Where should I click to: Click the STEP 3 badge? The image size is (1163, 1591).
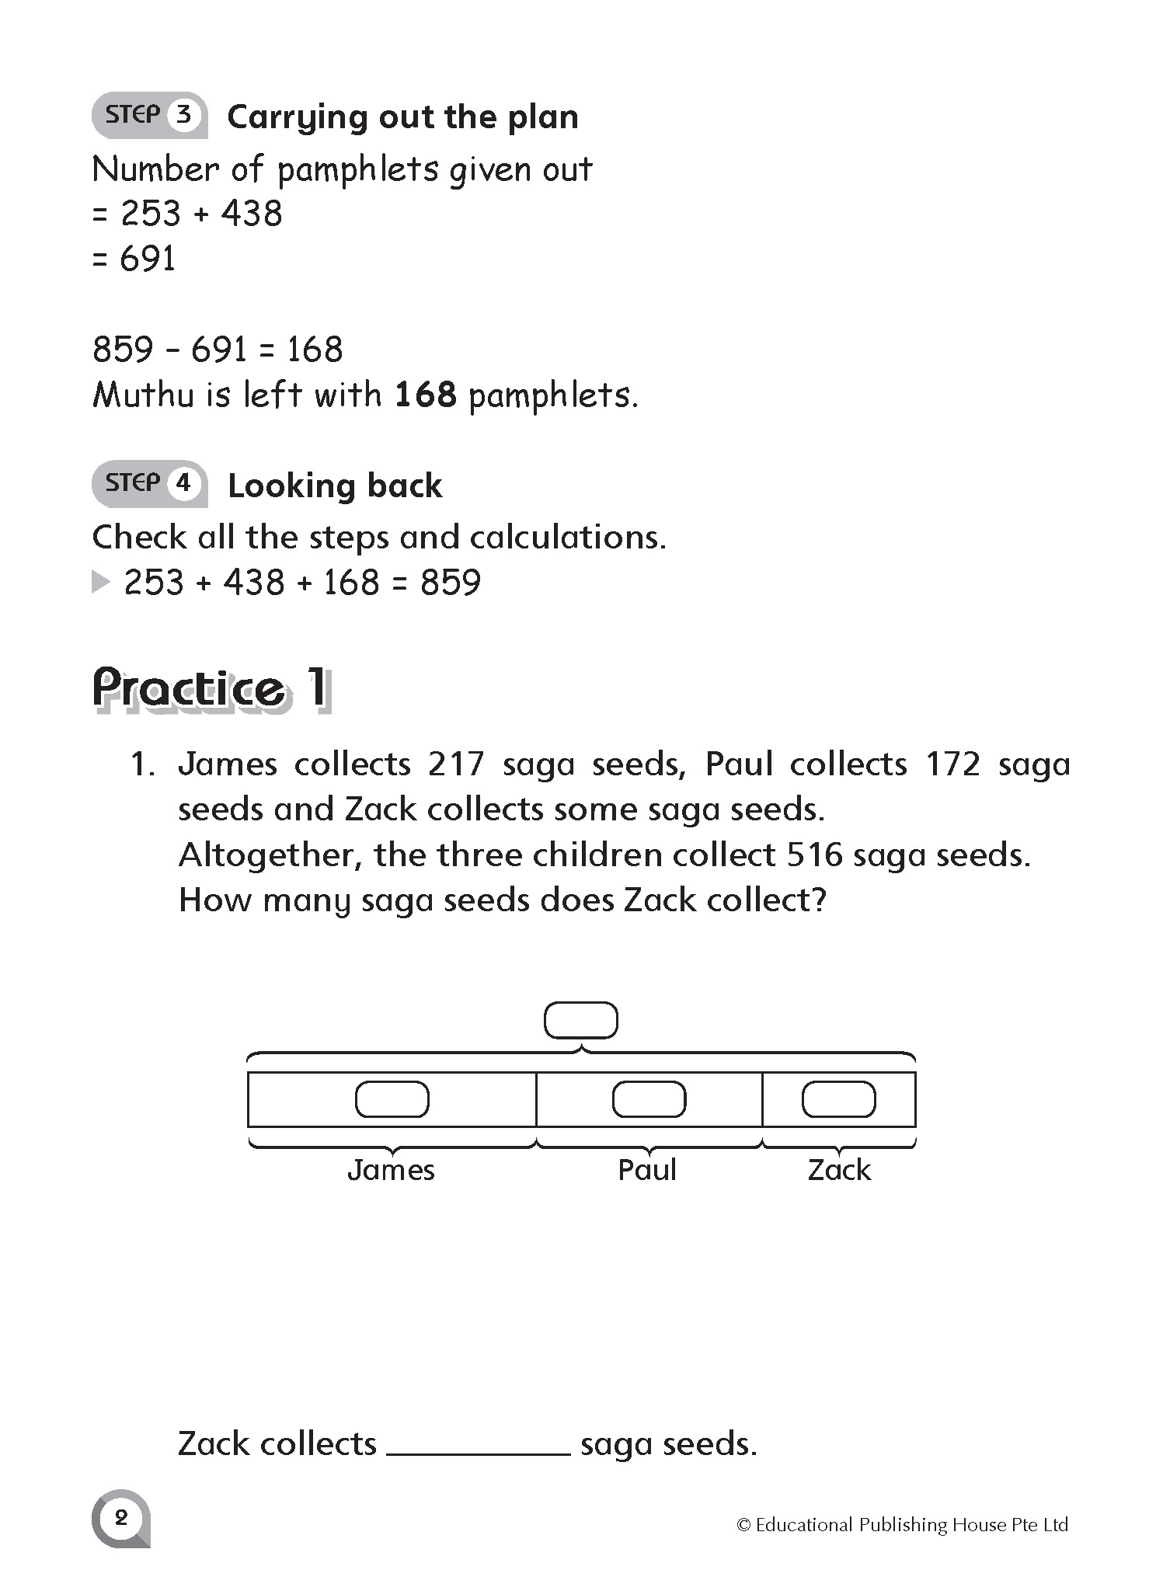click(149, 116)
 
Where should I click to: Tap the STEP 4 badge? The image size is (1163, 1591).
click(149, 484)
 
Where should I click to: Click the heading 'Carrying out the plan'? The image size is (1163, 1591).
click(402, 117)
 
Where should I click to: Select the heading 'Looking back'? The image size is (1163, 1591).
click(335, 486)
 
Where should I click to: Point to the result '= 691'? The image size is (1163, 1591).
click(134, 259)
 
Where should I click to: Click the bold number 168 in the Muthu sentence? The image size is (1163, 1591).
click(426, 395)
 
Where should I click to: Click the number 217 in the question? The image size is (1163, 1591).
click(455, 764)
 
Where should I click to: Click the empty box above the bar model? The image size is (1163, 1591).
click(581, 1021)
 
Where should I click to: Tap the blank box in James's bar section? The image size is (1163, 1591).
click(392, 1099)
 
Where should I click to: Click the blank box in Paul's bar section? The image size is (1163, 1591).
click(649, 1099)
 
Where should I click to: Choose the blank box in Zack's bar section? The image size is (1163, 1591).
click(838, 1099)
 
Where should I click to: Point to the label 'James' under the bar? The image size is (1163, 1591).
click(391, 1170)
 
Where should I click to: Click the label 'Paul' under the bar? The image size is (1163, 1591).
click(647, 1170)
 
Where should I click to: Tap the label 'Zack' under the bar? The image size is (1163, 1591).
click(839, 1170)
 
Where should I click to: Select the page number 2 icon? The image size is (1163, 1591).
click(120, 1517)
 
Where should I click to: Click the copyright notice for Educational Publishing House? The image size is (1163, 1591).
click(902, 1524)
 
